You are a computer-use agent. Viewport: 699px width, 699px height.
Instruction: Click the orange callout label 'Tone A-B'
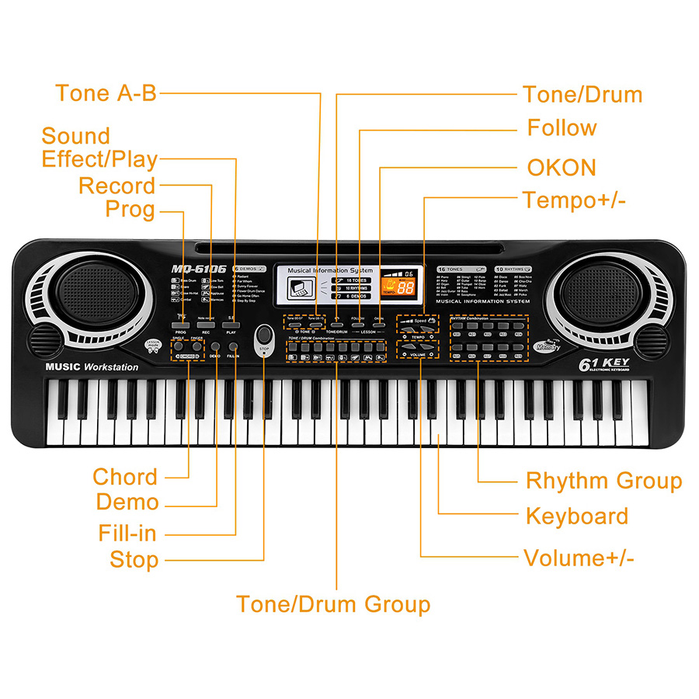106,93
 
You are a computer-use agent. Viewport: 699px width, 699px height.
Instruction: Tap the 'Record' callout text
116,186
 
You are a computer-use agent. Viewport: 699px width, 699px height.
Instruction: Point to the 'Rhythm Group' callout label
603,481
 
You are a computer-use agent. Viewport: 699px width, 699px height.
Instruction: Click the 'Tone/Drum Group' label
332,603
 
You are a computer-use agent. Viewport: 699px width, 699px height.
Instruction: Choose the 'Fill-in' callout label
127,534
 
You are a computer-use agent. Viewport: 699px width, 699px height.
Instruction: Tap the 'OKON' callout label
562,167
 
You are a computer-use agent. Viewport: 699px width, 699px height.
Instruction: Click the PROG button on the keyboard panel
182,325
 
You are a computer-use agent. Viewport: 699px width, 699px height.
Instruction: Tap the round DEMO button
215,346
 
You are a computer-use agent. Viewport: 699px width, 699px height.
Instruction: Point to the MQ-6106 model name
199,269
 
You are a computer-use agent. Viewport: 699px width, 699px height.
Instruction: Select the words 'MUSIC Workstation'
92,367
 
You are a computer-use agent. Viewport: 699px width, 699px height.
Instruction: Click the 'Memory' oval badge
548,346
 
